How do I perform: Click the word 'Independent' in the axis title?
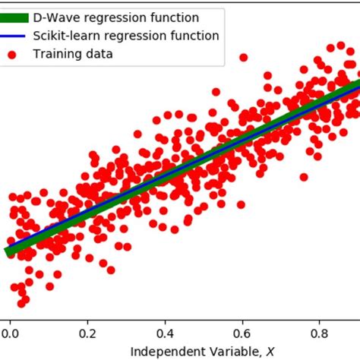tap(162, 351)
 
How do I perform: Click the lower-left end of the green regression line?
tap(8, 251)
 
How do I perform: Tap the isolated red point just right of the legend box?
tap(243, 57)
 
